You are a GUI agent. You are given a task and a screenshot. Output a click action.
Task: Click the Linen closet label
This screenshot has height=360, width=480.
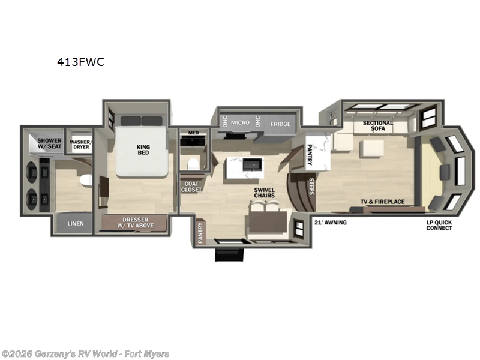(76, 224)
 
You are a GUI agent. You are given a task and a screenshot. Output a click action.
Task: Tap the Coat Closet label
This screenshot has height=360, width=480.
(193, 187)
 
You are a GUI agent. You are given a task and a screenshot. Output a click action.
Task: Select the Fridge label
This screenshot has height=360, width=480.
(280, 124)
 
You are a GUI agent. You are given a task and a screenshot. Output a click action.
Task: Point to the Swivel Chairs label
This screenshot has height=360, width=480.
(264, 193)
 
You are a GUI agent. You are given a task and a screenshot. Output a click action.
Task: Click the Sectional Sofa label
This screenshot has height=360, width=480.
(378, 126)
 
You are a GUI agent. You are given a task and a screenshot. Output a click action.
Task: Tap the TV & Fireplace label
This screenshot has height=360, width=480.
(382, 202)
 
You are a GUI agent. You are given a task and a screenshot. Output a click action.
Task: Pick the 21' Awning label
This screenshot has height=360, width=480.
(330, 223)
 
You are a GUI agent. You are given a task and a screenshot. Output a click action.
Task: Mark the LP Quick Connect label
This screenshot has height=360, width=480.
(439, 226)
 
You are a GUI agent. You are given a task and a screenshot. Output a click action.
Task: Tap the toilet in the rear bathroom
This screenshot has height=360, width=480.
(86, 179)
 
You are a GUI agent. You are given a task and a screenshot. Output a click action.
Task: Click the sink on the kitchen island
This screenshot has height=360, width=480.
(251, 163)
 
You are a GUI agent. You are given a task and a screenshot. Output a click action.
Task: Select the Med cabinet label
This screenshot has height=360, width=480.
(193, 133)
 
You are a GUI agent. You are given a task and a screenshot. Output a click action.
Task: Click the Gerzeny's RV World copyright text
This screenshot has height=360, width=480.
(85, 354)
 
